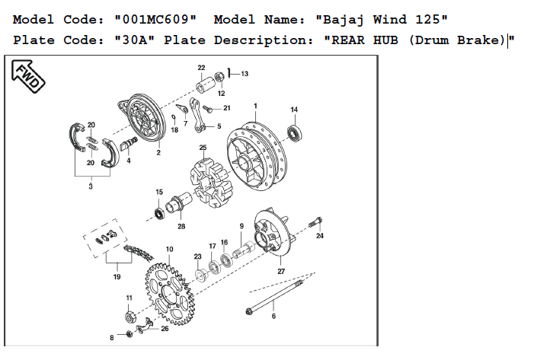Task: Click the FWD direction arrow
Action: pos(28,76)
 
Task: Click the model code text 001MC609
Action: pos(155,19)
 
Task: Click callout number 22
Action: pos(201,68)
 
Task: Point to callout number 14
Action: pos(294,110)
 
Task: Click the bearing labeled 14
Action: pos(295,132)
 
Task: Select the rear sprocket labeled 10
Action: pos(170,294)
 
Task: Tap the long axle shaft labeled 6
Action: pos(274,296)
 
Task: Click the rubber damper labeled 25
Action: pos(211,183)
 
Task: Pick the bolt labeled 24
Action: pos(315,223)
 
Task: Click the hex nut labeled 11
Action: pos(130,317)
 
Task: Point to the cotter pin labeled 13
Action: pos(230,72)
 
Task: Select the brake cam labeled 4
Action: pos(129,143)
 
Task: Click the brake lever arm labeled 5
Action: pos(197,115)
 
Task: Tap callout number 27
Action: pos(281,271)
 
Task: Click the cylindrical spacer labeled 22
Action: pos(206,84)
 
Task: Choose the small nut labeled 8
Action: pos(130,334)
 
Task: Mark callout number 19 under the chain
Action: pos(117,276)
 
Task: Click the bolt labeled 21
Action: pos(207,109)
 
